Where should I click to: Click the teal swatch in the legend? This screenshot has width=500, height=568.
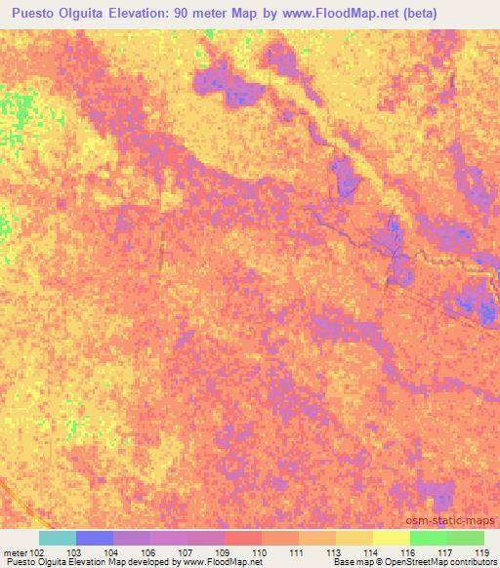point(58,538)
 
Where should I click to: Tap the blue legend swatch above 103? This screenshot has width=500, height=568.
point(95,538)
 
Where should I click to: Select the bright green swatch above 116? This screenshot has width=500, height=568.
point(429,538)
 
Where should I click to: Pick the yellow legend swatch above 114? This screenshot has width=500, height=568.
point(354,538)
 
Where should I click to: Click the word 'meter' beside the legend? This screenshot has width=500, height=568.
point(15,552)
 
